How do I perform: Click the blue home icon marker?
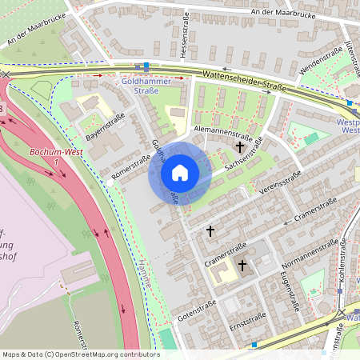click(x=179, y=173)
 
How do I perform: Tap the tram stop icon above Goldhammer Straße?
click(x=146, y=66)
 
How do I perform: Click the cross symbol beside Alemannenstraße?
click(x=240, y=147)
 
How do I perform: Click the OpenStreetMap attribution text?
click(x=80, y=354)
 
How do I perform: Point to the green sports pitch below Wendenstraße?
click(x=311, y=138)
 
